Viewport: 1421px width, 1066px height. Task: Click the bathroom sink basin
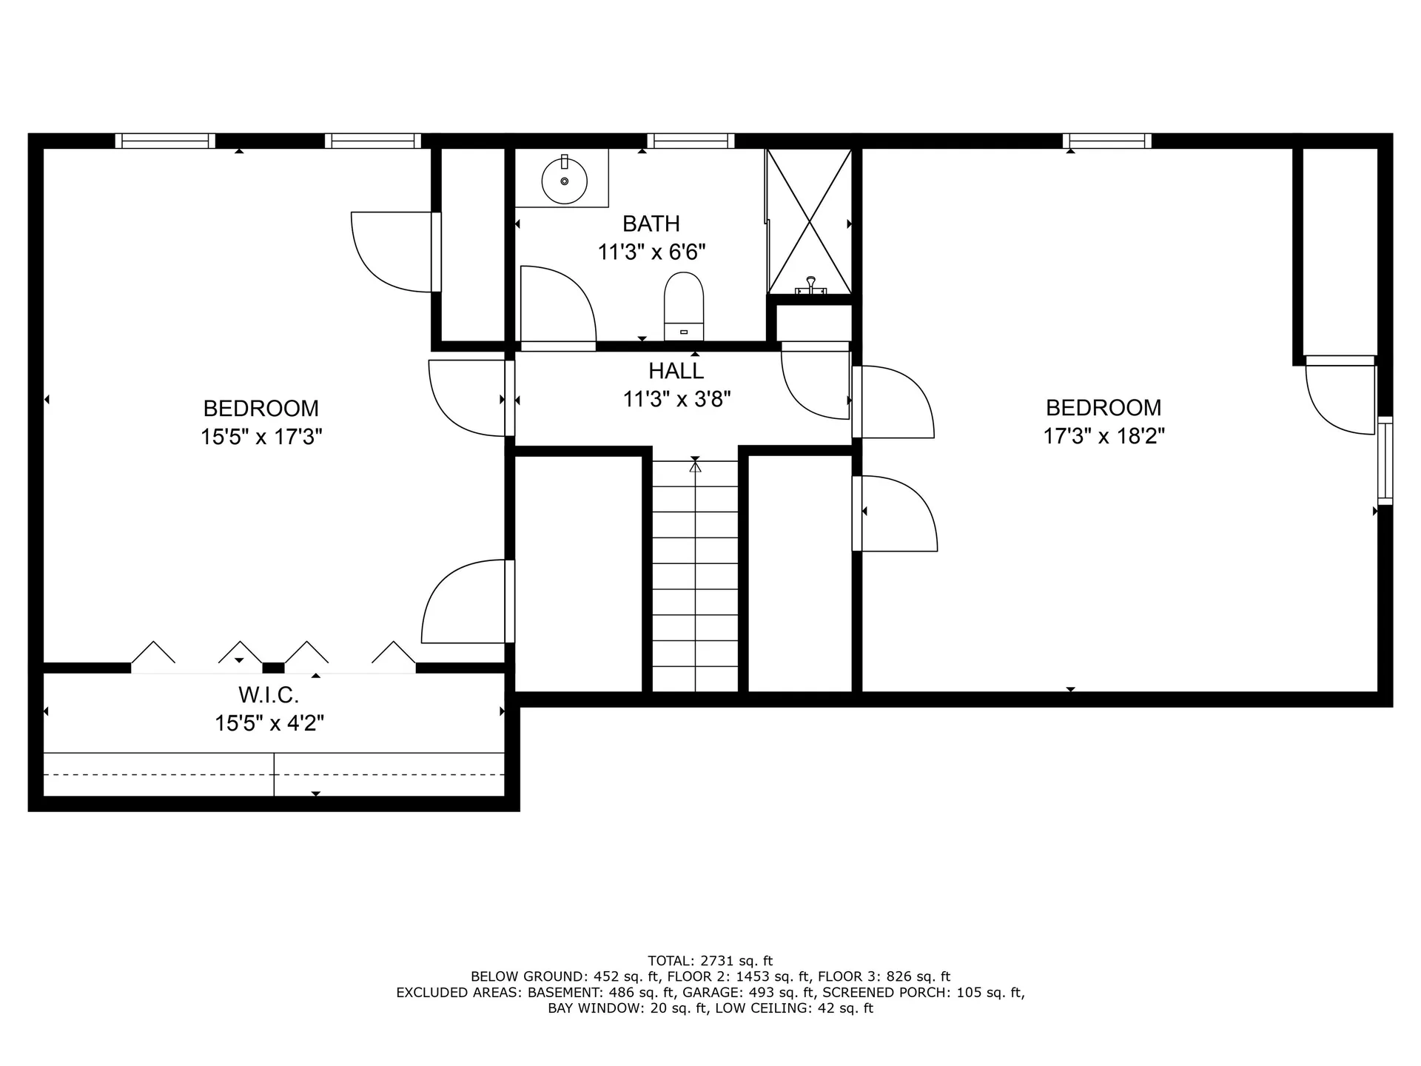click(564, 181)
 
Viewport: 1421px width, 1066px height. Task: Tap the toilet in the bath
click(683, 305)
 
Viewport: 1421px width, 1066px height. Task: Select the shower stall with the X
click(810, 221)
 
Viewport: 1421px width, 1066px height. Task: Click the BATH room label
click(651, 224)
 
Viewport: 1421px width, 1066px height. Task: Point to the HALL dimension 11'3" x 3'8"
click(676, 400)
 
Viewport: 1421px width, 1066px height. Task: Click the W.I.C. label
click(269, 695)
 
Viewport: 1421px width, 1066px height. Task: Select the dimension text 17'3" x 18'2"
click(1103, 436)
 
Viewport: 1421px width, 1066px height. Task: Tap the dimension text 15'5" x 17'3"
click(261, 437)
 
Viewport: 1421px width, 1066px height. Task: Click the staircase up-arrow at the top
click(695, 466)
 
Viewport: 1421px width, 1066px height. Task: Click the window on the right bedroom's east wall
click(1385, 461)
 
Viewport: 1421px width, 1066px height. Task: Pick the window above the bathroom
click(691, 141)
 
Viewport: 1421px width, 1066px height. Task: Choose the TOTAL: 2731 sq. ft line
click(710, 961)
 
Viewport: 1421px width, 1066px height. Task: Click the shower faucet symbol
click(811, 284)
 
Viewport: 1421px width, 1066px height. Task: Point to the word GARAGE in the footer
click(708, 993)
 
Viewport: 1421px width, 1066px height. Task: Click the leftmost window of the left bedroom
click(165, 141)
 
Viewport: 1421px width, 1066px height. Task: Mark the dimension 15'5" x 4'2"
click(269, 723)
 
